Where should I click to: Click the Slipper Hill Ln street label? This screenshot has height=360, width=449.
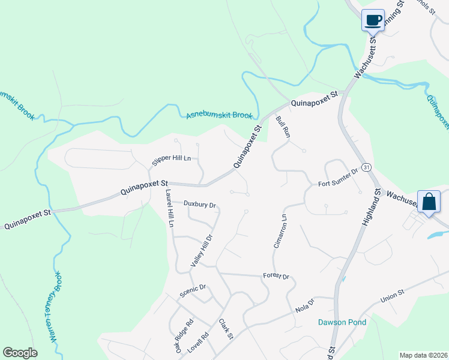point(171,158)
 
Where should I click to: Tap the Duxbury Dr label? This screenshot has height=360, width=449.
point(200,205)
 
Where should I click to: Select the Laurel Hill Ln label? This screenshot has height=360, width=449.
point(170,208)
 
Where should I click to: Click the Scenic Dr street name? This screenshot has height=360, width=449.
point(193,291)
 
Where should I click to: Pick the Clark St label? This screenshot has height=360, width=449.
point(226,329)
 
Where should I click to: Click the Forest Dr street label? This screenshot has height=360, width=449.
point(276,277)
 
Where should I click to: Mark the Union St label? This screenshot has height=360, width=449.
point(393,297)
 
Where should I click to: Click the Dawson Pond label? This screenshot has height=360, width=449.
point(342,322)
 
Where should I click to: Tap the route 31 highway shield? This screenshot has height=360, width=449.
point(366,166)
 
